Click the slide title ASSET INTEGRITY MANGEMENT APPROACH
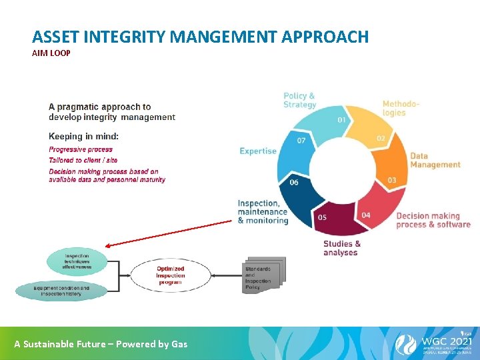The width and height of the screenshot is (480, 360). [200, 37]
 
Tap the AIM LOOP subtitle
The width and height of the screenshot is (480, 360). [51, 53]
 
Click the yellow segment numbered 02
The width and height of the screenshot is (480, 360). [377, 134]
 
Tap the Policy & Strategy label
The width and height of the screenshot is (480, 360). [299, 100]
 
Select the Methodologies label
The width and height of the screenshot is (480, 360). [401, 108]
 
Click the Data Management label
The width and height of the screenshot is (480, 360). [435, 161]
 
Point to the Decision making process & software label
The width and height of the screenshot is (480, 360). [433, 220]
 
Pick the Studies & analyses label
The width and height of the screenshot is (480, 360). [341, 248]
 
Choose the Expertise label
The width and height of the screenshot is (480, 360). [257, 151]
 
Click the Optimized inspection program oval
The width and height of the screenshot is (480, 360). [170, 275]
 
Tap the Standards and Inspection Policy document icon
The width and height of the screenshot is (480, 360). [263, 275]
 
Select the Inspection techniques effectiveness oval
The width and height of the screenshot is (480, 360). [77, 262]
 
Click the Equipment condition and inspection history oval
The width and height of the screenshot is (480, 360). [61, 291]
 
